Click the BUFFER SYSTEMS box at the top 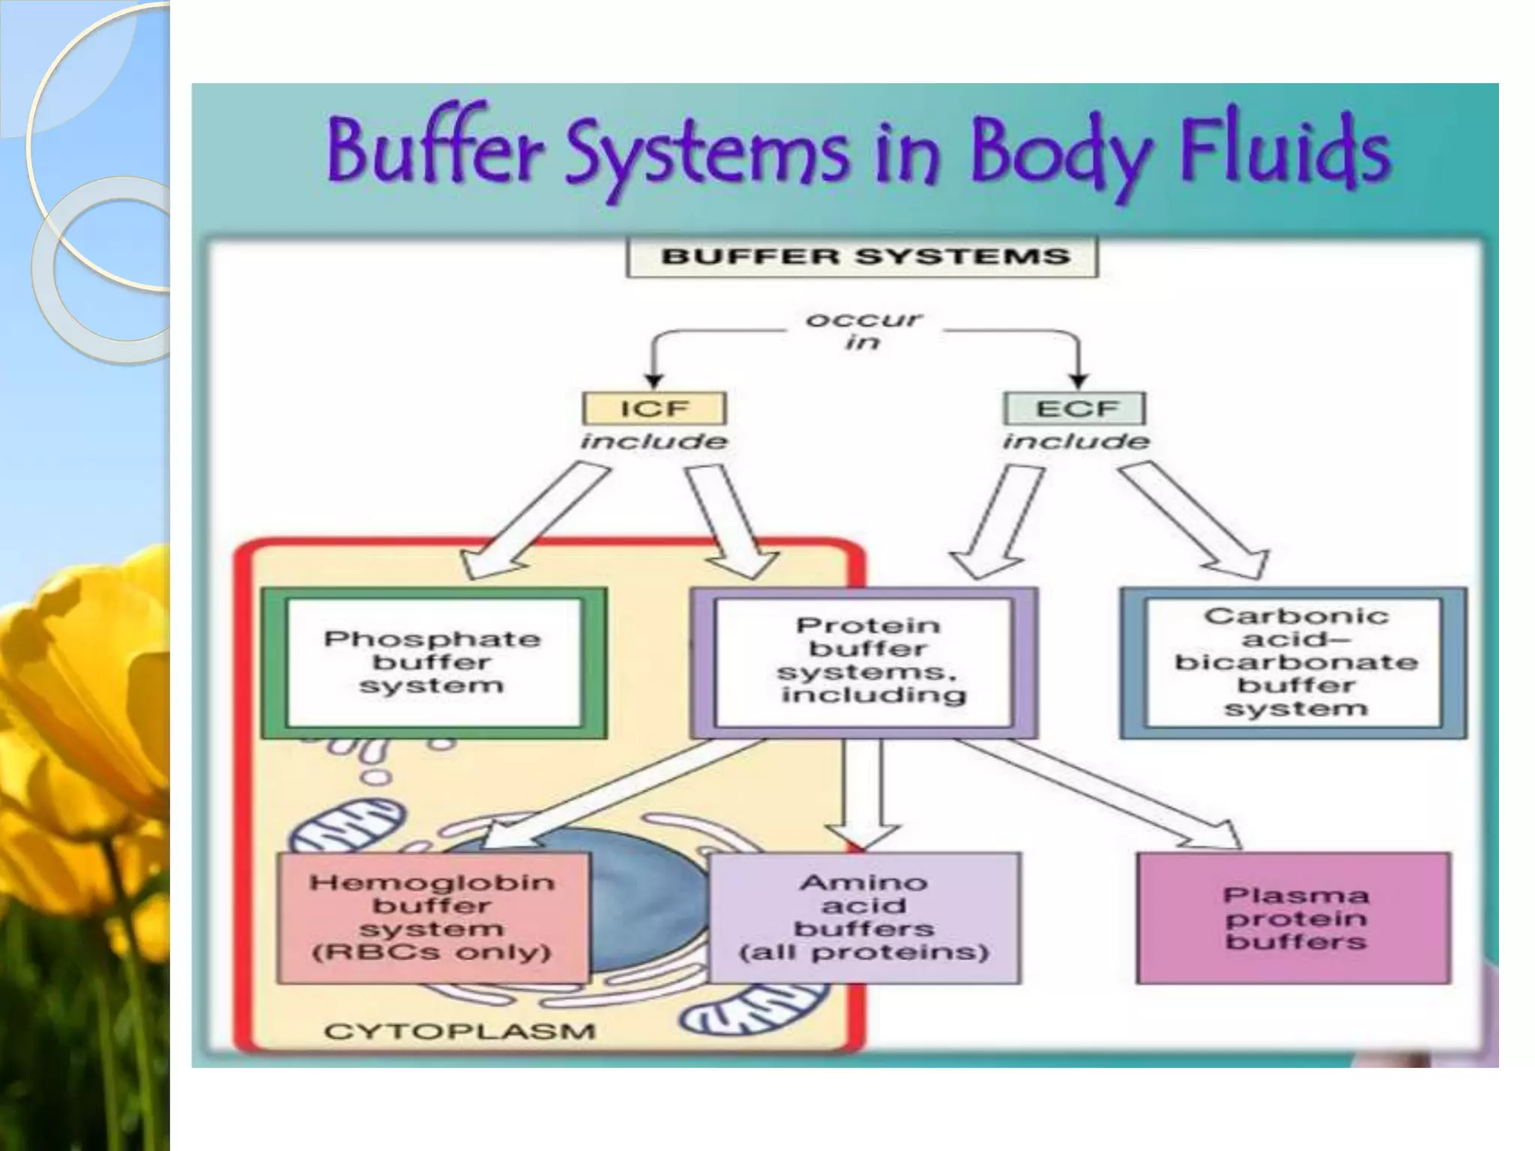coord(862,257)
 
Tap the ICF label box coord(654,409)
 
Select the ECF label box coord(1075,409)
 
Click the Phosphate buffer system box coord(433,662)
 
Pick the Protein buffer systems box coord(864,662)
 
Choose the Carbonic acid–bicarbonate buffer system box coord(1294,662)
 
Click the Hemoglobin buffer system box coord(432,917)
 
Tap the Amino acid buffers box coord(864,917)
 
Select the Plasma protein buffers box coord(1294,917)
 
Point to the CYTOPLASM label coord(459,1032)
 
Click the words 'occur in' coord(863,330)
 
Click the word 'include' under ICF coord(654,441)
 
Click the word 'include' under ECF coord(1076,441)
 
